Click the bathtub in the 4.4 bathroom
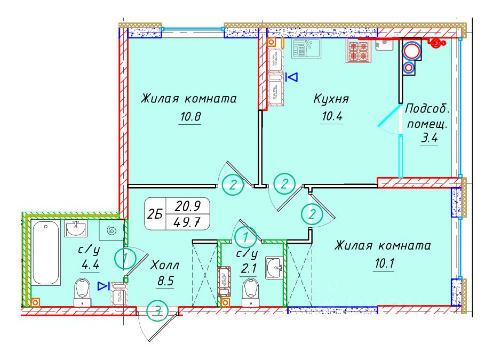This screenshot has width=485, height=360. (46, 253)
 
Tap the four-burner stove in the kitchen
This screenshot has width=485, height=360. (358, 52)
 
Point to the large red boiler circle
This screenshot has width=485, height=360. (411, 51)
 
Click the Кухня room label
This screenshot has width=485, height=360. (331, 99)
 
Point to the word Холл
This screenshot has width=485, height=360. (165, 265)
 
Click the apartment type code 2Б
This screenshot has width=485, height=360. (155, 214)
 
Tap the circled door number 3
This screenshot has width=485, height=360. (156, 311)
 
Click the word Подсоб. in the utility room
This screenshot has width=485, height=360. (427, 108)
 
